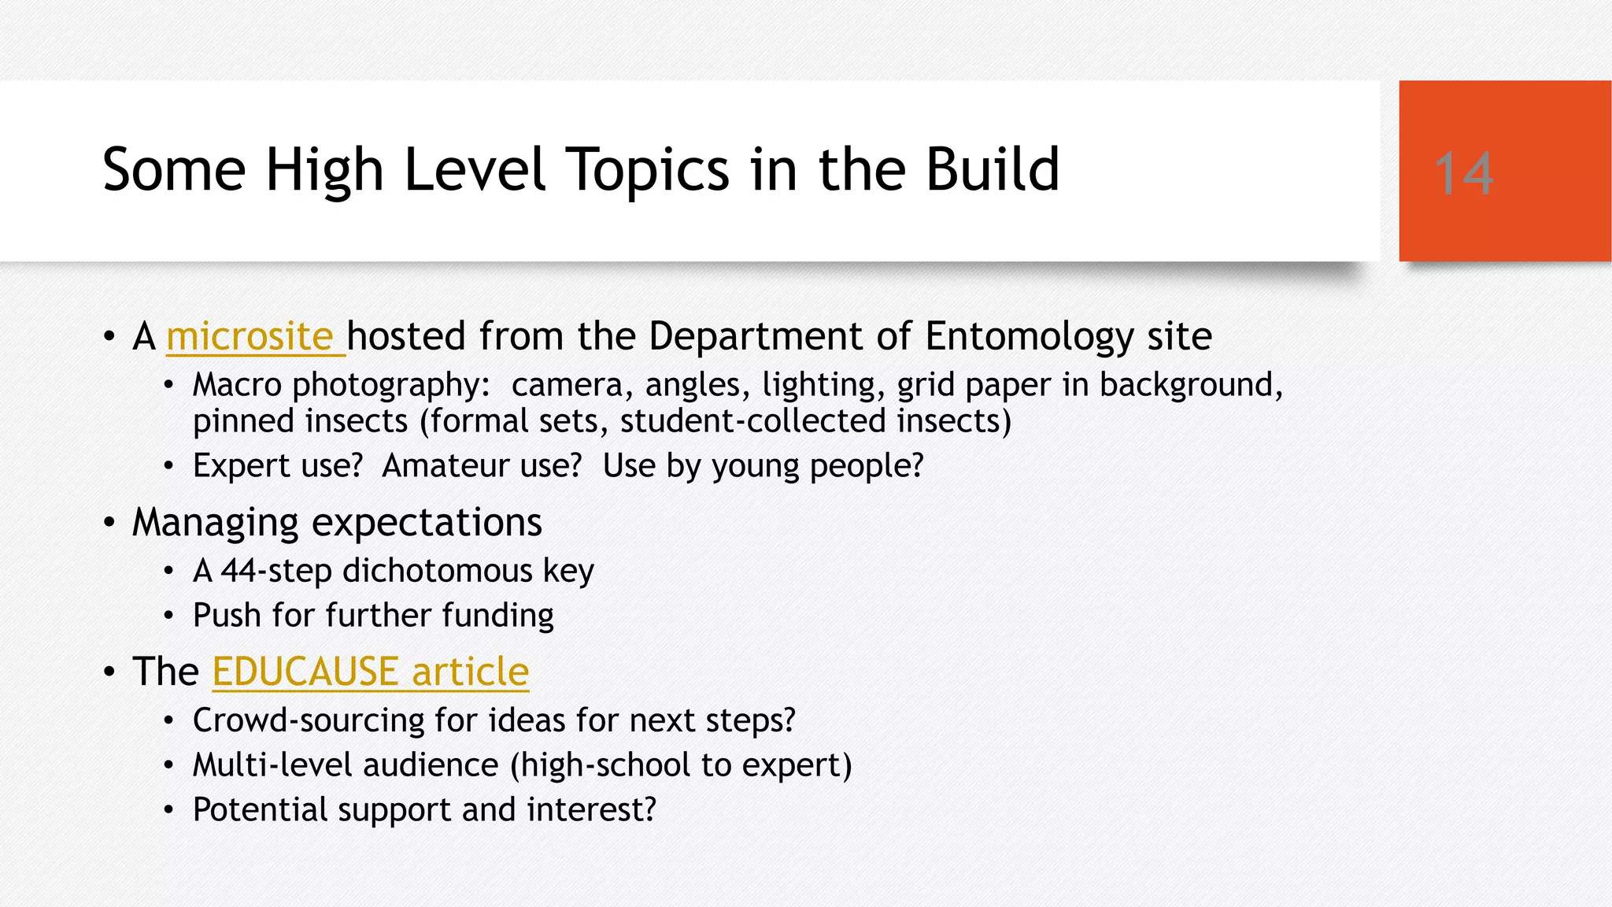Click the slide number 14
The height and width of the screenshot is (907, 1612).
(x=1463, y=173)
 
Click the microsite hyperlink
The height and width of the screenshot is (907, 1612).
(x=250, y=337)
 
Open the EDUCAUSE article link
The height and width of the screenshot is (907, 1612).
(x=370, y=672)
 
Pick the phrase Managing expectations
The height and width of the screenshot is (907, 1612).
(x=337, y=523)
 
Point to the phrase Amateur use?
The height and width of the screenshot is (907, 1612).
(x=482, y=466)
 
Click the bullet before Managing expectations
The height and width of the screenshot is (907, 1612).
(x=109, y=523)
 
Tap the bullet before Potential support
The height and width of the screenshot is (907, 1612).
(x=168, y=810)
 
